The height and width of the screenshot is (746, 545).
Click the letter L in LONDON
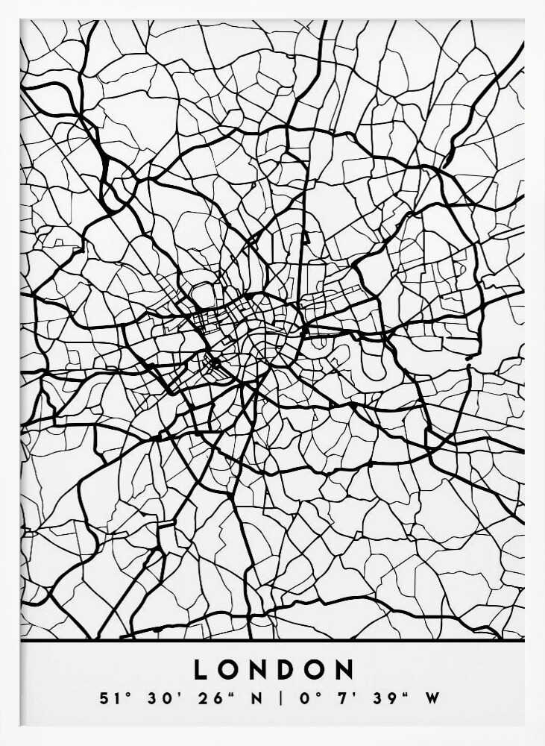(x=201, y=669)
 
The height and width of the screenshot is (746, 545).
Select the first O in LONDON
(x=229, y=669)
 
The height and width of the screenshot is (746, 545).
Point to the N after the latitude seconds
(x=255, y=700)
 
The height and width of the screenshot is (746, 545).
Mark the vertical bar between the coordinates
(x=282, y=700)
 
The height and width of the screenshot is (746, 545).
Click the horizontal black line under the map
(x=272, y=641)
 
